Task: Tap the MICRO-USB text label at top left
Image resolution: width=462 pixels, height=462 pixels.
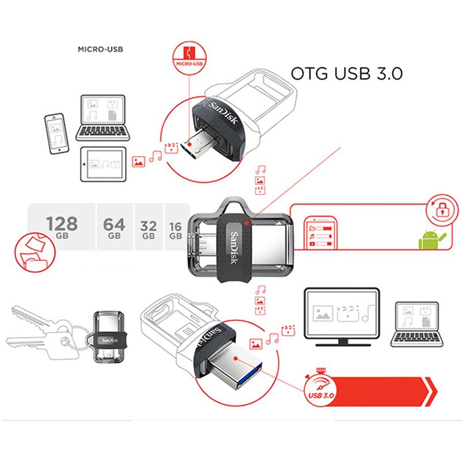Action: pyautogui.click(x=100, y=50)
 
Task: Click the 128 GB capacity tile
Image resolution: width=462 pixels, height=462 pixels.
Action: pyautogui.click(x=62, y=227)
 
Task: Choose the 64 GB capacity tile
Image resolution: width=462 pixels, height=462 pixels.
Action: pyautogui.click(x=114, y=227)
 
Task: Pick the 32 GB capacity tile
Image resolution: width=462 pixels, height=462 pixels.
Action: pyautogui.click(x=148, y=227)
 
